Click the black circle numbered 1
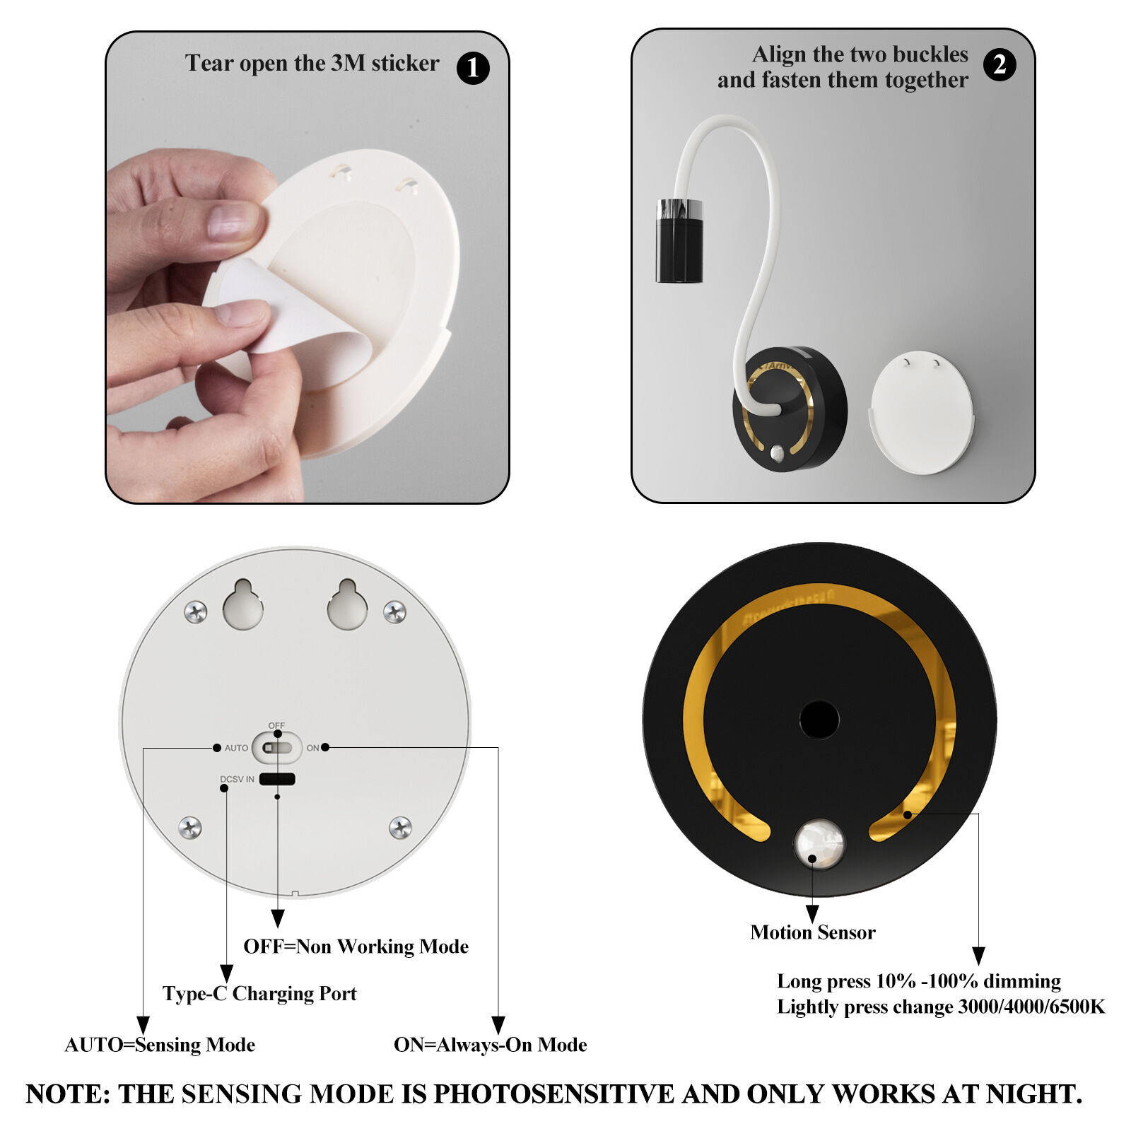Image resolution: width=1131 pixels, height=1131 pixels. pos(473,68)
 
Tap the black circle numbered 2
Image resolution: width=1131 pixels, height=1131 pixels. pos(1000,65)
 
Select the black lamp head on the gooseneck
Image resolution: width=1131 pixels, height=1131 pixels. pos(679,241)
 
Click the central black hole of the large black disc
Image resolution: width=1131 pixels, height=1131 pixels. pos(819,720)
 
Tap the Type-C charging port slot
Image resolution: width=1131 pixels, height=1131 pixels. pos(277,779)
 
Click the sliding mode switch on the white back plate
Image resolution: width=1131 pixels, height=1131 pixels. pos(276,747)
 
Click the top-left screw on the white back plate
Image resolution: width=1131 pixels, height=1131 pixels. pos(196,611)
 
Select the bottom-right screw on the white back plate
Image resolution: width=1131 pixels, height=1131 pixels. pos(401,827)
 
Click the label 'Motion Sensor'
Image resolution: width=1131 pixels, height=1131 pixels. pos(813,932)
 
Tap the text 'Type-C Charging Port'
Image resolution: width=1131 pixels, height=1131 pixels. pos(259,994)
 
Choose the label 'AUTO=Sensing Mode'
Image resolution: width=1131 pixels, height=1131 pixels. pos(160,1045)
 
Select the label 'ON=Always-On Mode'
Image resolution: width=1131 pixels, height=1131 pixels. pos(490,1045)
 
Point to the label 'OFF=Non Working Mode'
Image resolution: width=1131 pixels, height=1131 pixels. pos(356,947)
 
